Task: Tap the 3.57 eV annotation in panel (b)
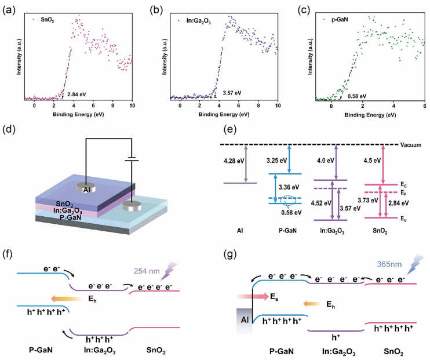pyautogui.click(x=231, y=93)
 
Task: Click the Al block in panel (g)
pyautogui.click(x=243, y=319)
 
